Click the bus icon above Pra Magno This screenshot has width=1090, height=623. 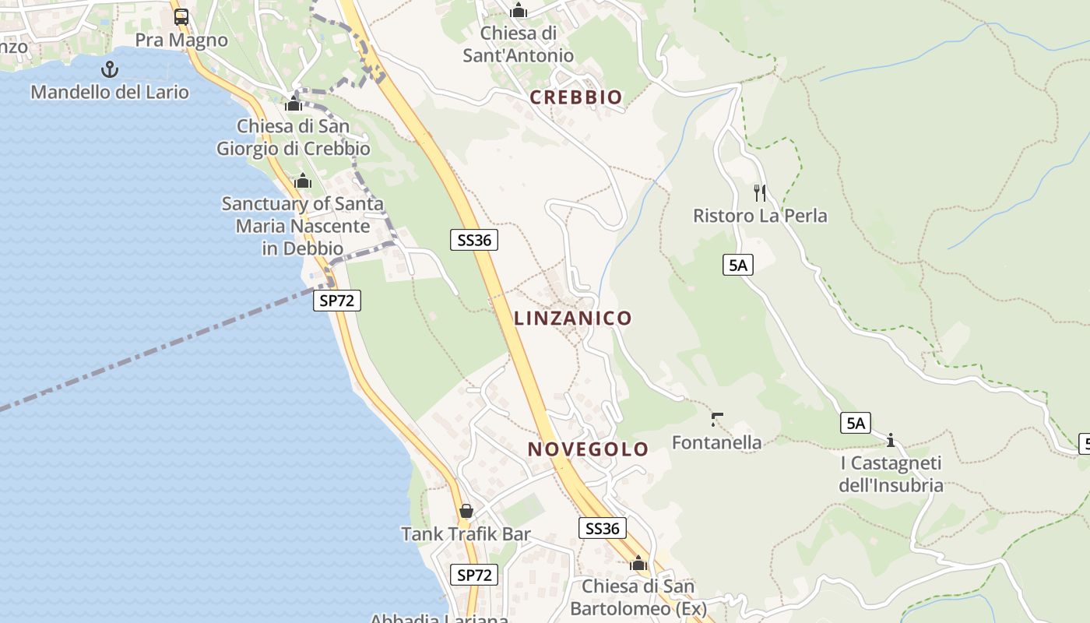(x=181, y=16)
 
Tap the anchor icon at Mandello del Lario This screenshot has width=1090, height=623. (x=110, y=69)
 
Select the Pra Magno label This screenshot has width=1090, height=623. (x=181, y=40)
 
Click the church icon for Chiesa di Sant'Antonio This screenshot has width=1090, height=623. (x=518, y=11)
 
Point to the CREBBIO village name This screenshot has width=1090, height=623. (x=576, y=97)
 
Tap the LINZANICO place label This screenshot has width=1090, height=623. (x=572, y=318)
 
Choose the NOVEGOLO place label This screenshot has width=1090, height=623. (x=588, y=449)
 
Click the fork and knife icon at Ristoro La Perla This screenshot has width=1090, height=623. (x=760, y=192)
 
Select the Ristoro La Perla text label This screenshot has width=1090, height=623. (x=760, y=216)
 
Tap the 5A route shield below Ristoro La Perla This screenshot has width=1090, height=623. (x=737, y=266)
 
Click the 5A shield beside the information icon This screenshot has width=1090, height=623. (x=856, y=424)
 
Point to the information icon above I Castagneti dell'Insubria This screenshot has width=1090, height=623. (x=891, y=441)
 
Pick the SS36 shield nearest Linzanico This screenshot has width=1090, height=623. (x=474, y=240)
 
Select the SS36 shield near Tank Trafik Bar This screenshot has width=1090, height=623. (x=603, y=529)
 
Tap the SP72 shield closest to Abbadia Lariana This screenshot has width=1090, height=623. (x=474, y=575)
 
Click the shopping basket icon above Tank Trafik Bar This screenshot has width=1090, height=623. (x=466, y=511)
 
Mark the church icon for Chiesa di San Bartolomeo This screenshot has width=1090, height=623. (x=638, y=563)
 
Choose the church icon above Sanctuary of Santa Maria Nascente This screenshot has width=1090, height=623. (x=303, y=181)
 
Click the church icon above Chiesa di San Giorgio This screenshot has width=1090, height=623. (x=294, y=104)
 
